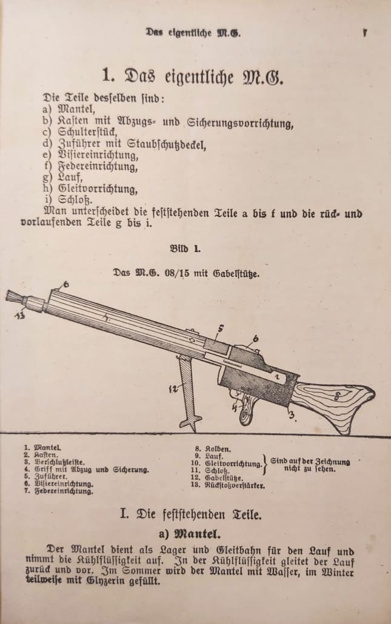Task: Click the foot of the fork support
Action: [x=190, y=420]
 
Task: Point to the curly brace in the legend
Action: [x=266, y=465]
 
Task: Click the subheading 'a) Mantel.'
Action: [x=193, y=534]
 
